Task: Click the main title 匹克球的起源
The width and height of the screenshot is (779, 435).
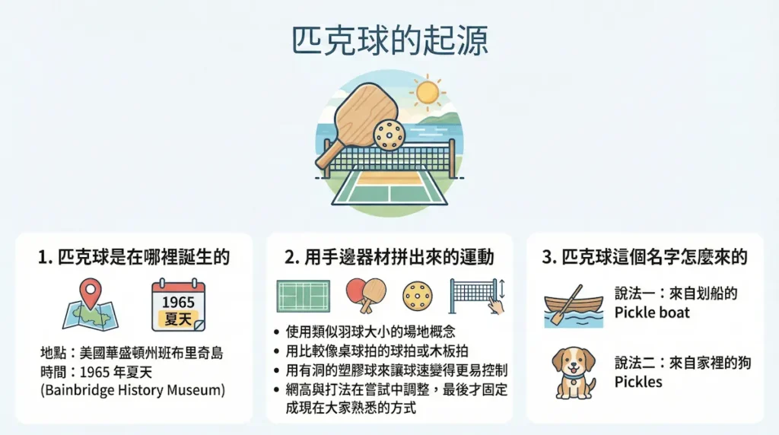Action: [389, 41]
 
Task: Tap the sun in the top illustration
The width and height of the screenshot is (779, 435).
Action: [427, 92]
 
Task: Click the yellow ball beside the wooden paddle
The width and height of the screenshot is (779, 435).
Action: [389, 134]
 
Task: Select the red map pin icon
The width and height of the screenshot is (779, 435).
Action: [91, 293]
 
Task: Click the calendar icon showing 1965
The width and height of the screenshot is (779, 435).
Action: [178, 305]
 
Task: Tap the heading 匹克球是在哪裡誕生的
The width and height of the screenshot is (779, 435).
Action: [134, 257]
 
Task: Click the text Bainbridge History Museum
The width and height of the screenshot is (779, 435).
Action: [132, 390]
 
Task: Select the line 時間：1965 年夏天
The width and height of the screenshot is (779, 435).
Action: [96, 371]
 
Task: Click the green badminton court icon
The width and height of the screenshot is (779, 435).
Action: [303, 297]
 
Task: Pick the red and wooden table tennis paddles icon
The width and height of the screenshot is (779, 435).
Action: [366, 296]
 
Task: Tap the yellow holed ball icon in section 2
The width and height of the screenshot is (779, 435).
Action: [418, 297]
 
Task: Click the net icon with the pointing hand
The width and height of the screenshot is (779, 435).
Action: [477, 297]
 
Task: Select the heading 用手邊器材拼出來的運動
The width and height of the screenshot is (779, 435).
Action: [389, 257]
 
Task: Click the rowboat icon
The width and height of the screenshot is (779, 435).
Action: [574, 306]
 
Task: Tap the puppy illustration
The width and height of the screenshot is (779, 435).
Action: [574, 373]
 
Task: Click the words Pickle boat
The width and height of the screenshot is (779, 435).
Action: [652, 313]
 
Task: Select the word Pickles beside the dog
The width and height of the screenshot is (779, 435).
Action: [638, 382]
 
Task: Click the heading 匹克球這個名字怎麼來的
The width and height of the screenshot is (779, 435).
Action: [644, 257]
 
